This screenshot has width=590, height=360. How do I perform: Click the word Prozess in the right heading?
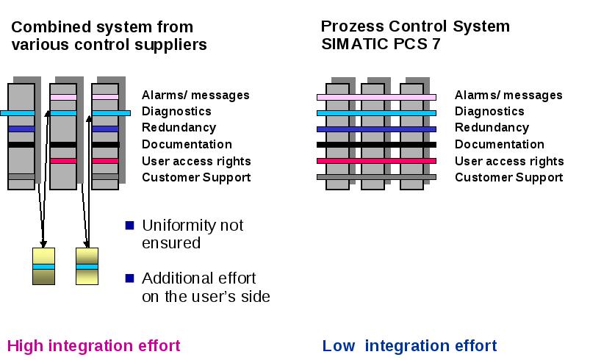click(x=353, y=26)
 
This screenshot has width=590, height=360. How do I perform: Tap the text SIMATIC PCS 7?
click(x=381, y=44)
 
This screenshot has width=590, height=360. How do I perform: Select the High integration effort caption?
click(x=94, y=346)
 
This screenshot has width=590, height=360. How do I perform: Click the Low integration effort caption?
click(x=409, y=346)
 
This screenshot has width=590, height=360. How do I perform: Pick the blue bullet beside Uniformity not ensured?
click(x=129, y=226)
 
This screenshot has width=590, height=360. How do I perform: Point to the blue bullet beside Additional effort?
click(x=129, y=278)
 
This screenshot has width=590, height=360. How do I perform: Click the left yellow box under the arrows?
click(x=43, y=266)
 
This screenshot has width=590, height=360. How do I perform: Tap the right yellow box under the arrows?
click(x=87, y=266)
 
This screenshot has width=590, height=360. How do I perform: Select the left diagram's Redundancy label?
click(x=179, y=128)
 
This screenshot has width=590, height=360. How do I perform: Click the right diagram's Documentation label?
click(x=500, y=144)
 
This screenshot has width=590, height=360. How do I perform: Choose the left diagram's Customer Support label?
click(x=196, y=178)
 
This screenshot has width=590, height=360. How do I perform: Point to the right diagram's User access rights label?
click(x=509, y=161)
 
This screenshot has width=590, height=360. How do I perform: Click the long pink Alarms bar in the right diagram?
click(x=376, y=97)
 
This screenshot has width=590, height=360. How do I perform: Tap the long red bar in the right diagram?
click(x=376, y=161)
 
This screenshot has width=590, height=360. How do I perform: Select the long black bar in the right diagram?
click(x=376, y=145)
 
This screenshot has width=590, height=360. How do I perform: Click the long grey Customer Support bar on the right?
click(x=376, y=177)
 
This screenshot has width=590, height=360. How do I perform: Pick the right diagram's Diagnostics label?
click(x=489, y=112)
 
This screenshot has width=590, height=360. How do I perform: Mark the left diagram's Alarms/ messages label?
click(x=195, y=96)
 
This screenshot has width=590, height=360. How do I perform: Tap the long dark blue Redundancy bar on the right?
click(x=376, y=129)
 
